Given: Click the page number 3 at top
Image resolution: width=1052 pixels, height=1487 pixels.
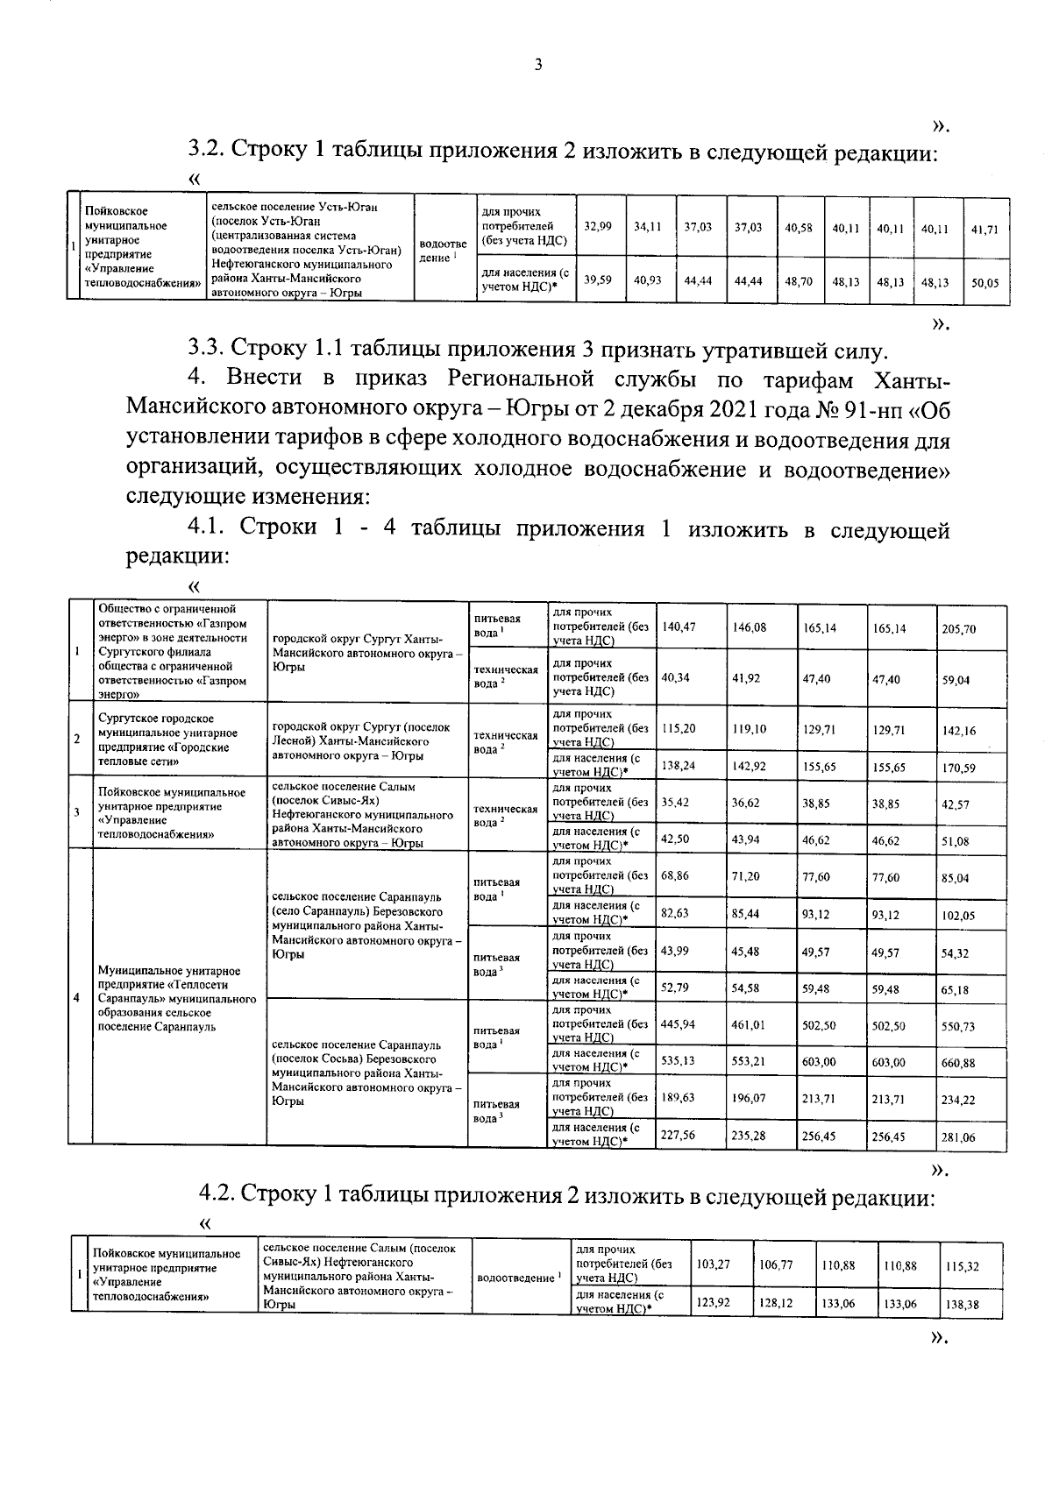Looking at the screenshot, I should pos(538,64).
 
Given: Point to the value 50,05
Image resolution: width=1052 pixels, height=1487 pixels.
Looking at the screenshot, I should pos(985,283).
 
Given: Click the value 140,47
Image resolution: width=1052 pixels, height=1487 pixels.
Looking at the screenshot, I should pos(679,627).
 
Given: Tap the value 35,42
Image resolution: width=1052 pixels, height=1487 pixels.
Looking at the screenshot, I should pos(674,802).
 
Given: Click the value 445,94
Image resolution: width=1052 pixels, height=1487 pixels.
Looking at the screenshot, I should pos(679,1024).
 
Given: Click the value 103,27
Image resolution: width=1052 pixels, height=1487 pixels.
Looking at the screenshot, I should pos(713,1264).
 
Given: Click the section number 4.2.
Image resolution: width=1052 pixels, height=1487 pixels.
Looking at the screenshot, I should pos(217,1194).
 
